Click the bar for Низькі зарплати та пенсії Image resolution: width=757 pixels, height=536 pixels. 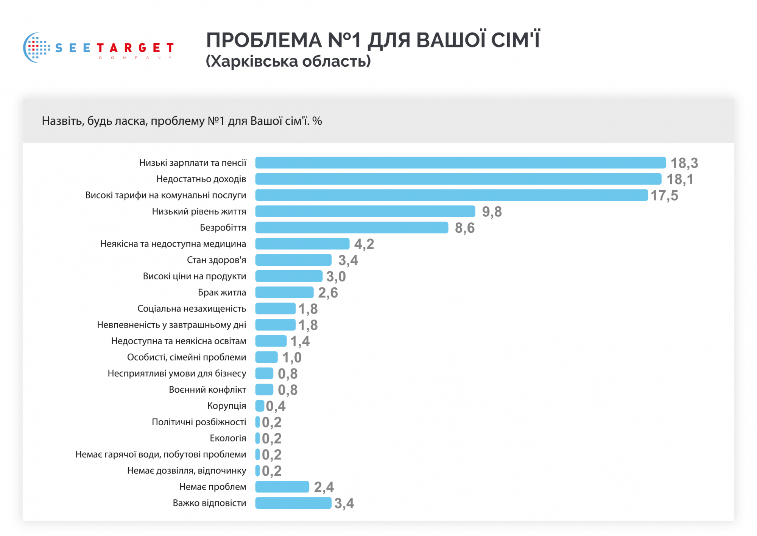460,163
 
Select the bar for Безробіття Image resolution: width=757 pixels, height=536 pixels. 352,227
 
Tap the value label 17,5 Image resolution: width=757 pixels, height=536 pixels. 664,196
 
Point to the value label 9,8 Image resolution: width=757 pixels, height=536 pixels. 492,212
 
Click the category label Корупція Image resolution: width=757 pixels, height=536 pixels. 226,406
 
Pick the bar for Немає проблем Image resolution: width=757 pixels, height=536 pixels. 282,487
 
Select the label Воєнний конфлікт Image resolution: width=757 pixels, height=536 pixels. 207,390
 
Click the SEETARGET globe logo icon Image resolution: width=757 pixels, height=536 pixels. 36,48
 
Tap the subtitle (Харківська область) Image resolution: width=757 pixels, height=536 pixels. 288,61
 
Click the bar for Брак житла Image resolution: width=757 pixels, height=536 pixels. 284,292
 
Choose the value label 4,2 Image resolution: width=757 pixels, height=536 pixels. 364,244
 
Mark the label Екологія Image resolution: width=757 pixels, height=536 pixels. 228,438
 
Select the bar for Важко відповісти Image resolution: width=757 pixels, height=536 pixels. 293,503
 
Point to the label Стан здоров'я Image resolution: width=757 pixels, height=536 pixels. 216,260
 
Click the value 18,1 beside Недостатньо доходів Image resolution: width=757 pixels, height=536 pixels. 680,179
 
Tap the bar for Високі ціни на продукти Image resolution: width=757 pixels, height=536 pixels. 289,276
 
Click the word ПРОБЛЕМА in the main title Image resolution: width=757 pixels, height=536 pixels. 264,40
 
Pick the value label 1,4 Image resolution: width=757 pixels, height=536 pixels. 300,341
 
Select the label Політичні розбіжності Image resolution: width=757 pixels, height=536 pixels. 199,422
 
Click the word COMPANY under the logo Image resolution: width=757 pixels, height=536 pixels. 136,58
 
